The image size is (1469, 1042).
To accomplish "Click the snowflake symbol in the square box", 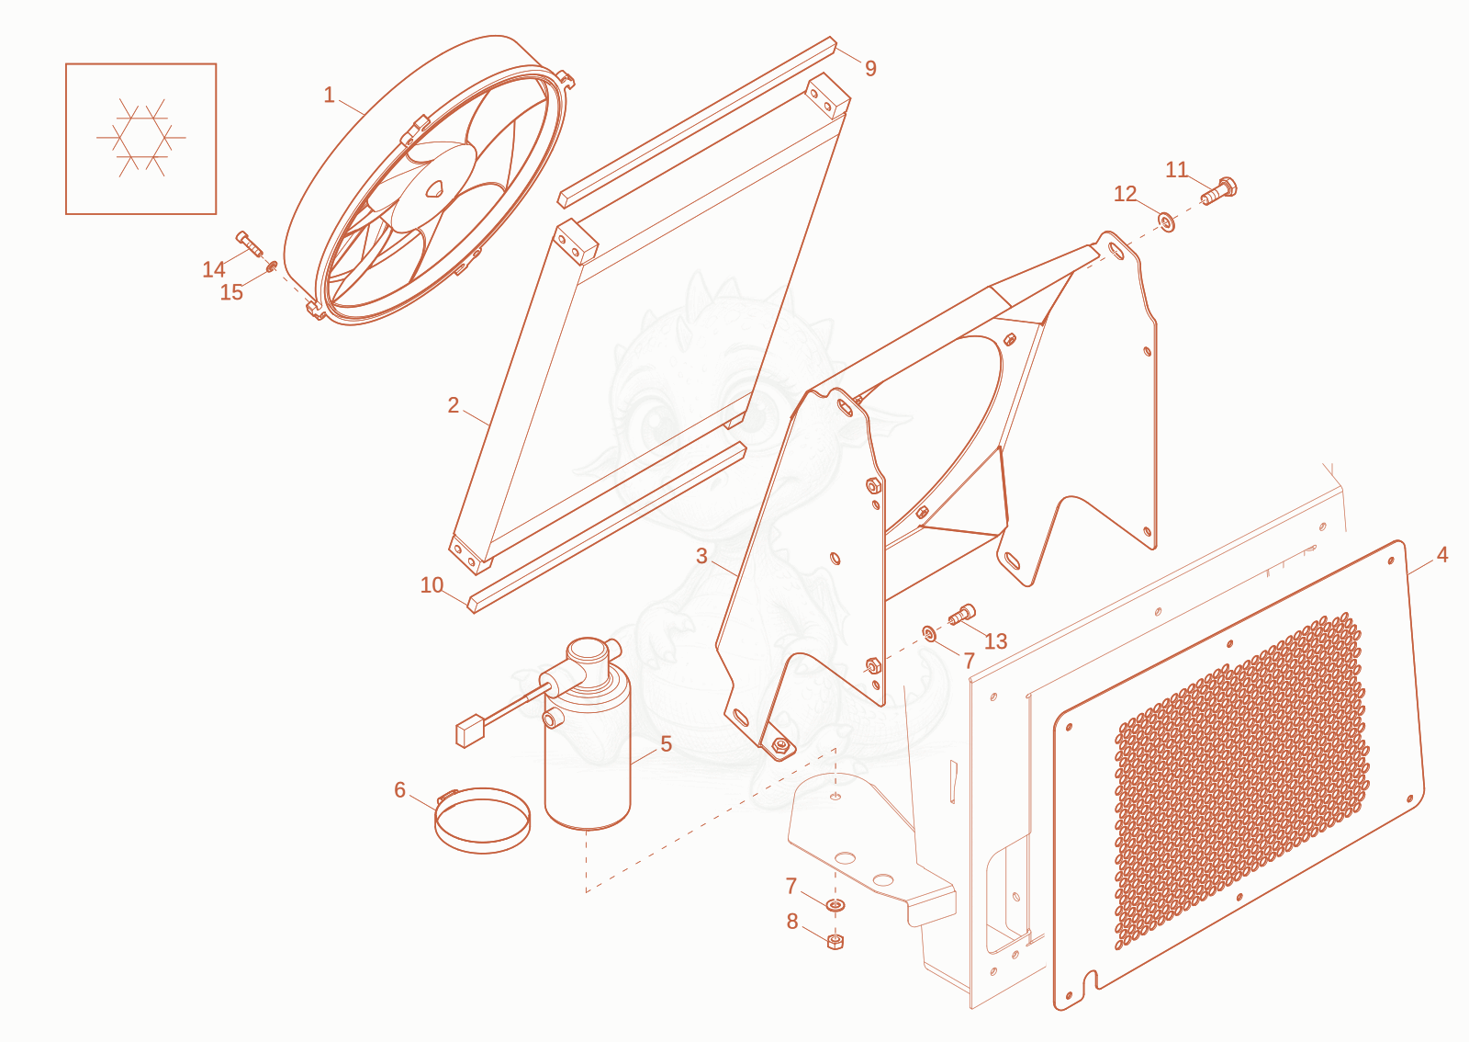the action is [x=141, y=138].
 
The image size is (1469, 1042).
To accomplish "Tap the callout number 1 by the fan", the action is [x=330, y=96].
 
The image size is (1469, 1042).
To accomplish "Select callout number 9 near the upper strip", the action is [x=870, y=68].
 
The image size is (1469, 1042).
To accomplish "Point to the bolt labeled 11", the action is [x=1219, y=190].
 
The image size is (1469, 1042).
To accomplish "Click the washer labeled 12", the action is [x=1167, y=221].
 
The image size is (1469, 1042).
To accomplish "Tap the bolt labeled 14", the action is [x=249, y=244].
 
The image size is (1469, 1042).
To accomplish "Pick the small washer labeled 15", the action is [x=271, y=266].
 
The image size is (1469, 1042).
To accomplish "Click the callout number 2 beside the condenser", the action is [x=454, y=405].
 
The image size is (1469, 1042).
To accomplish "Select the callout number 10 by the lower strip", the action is [x=432, y=584].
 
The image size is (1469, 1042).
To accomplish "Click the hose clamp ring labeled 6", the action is [x=483, y=821].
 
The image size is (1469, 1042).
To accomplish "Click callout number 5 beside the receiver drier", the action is [x=667, y=743].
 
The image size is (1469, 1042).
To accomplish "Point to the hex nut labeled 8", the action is [x=835, y=942].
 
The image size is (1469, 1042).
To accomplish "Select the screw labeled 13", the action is [x=962, y=615].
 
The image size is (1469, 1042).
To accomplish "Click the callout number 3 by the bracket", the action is [x=701, y=557].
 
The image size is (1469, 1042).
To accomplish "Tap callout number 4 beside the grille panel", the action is [x=1442, y=555].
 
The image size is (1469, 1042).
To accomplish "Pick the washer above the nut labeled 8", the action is [x=835, y=905].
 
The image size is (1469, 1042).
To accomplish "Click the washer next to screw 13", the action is [x=928, y=633].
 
